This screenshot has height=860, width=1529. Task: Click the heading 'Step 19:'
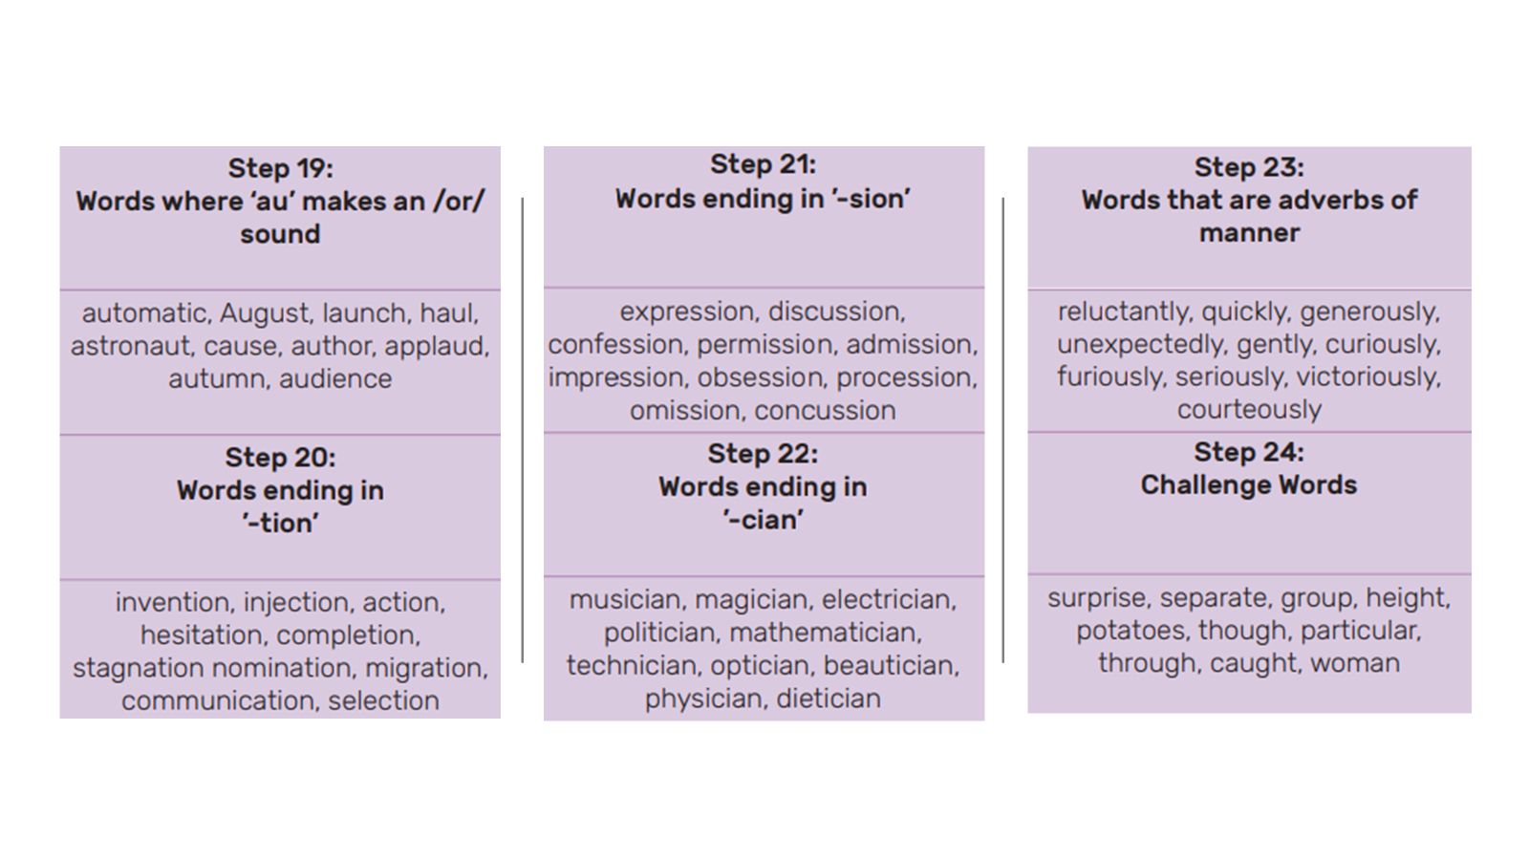click(281, 168)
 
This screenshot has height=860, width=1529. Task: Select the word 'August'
click(265, 314)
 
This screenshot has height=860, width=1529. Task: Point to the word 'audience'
click(335, 379)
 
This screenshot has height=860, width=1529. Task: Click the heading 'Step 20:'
click(281, 458)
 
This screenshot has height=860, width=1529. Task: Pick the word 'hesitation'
click(202, 635)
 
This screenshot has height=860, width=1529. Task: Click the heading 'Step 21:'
click(764, 164)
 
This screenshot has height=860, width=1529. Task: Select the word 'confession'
click(615, 345)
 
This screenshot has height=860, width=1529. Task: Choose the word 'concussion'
click(825, 411)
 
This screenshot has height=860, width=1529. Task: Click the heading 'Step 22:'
click(764, 454)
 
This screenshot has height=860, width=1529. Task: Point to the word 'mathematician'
click(826, 633)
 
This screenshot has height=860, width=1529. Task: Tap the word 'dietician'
click(829, 699)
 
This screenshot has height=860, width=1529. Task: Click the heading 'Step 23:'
click(1249, 167)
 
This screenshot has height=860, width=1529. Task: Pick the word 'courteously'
click(1249, 410)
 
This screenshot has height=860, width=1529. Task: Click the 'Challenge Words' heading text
click(1249, 484)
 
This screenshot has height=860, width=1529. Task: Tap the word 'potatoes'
click(1131, 631)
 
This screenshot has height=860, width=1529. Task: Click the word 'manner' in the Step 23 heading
click(1249, 234)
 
